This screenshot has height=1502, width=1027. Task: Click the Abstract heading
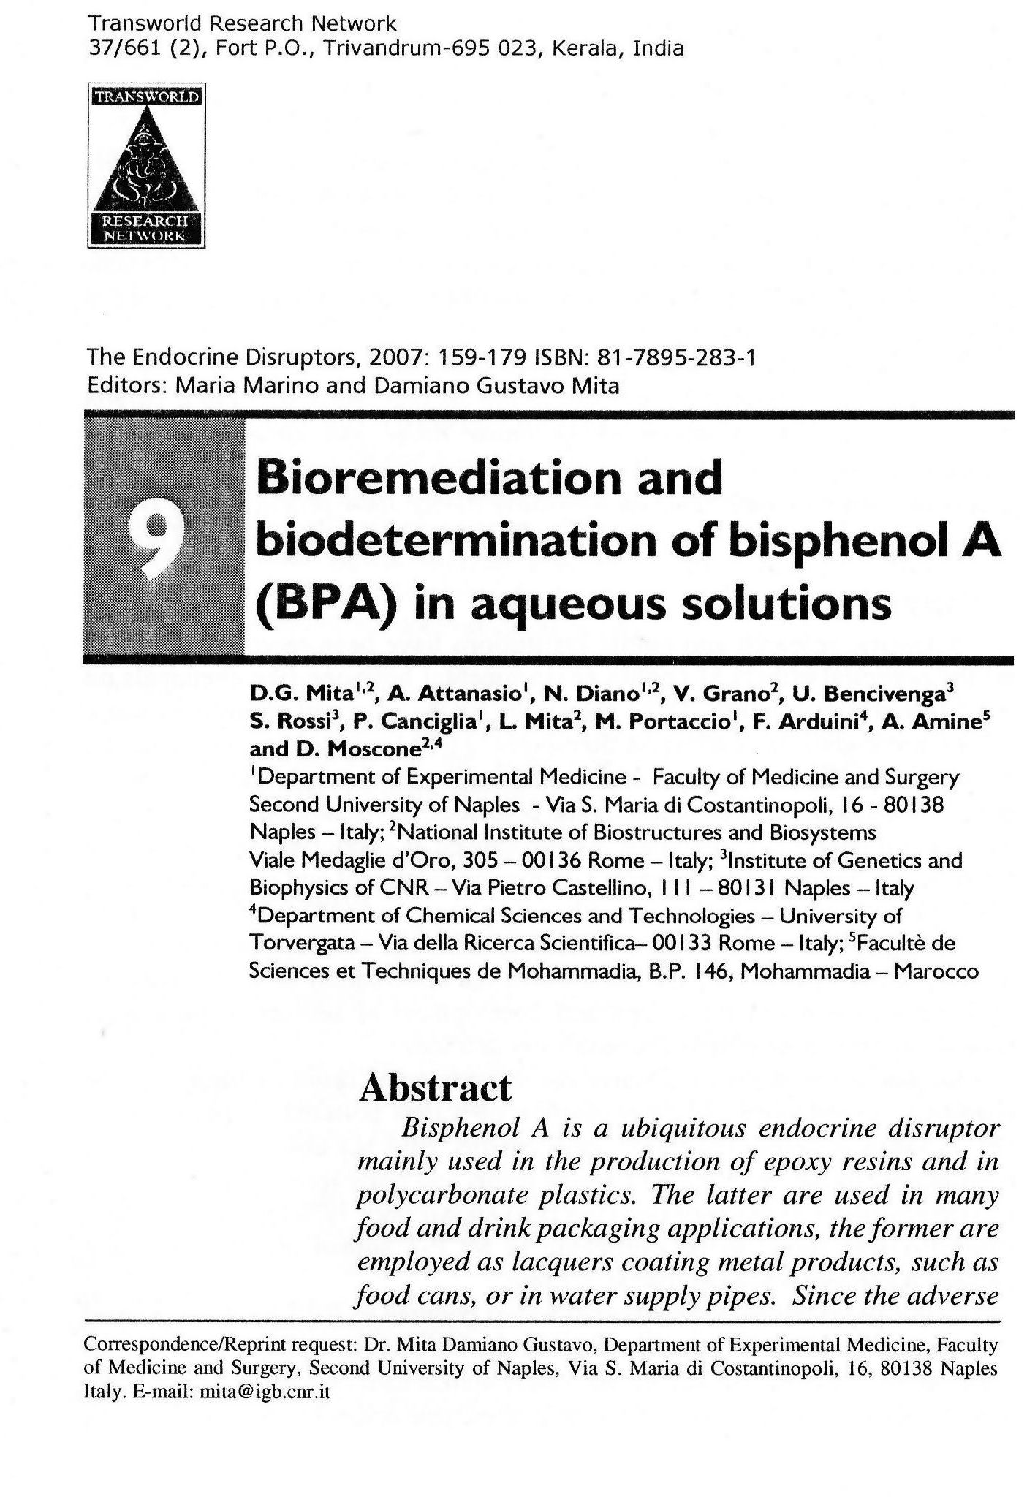coord(435,1089)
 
